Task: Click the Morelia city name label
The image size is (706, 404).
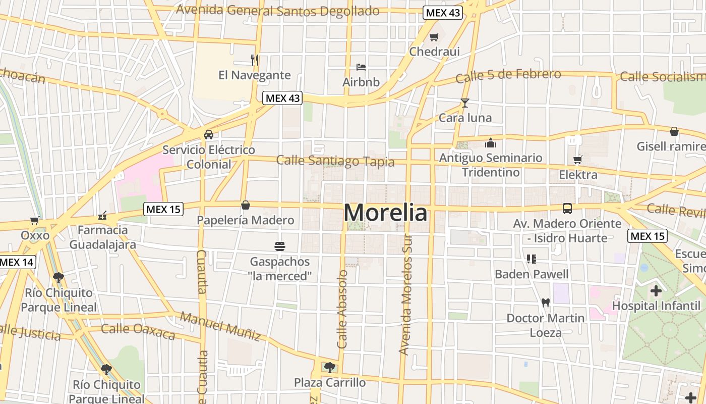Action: pos(386,213)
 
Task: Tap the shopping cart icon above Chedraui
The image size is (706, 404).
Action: pos(434,37)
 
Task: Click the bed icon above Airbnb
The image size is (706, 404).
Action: pos(361,67)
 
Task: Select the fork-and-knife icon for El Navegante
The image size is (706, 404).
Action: pos(255,60)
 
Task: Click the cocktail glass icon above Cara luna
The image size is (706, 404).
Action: pos(464,103)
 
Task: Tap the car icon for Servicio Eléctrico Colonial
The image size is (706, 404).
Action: pos(208,135)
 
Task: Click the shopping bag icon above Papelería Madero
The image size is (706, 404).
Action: pos(246,205)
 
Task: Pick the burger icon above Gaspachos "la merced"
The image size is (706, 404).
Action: pos(280,246)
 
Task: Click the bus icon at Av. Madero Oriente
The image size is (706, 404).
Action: pos(567,208)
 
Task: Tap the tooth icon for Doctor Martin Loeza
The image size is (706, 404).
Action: pos(545,303)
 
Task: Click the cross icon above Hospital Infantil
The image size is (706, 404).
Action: pos(656,291)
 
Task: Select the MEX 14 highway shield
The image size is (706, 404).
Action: pos(17,262)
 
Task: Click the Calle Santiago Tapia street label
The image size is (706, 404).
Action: pos(335,161)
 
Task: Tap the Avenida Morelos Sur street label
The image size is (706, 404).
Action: pos(406,295)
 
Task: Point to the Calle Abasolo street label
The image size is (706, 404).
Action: pos(343,309)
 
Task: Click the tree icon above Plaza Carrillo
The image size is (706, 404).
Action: pos(330,367)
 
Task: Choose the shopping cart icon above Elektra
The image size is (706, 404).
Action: pos(578,160)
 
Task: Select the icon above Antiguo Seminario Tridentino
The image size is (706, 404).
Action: pos(491,143)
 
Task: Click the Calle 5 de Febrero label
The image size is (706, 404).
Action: pos(508,76)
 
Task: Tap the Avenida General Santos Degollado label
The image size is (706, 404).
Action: pos(278,11)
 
